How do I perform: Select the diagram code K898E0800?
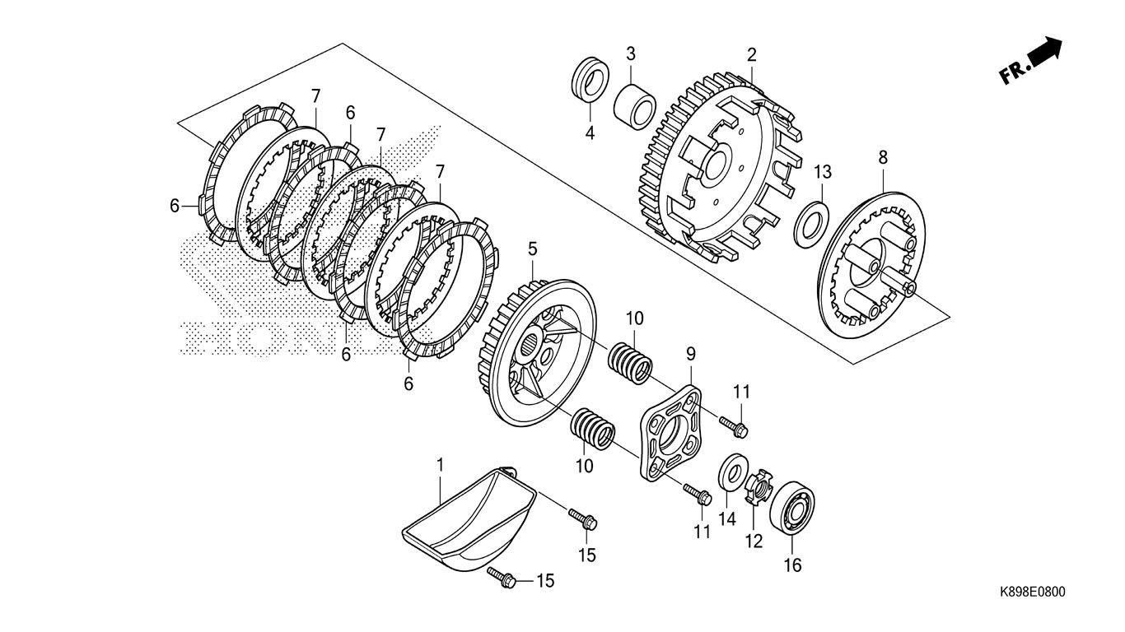click(1032, 592)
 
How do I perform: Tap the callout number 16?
click(791, 565)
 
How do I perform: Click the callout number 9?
click(691, 354)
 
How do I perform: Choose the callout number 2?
click(751, 55)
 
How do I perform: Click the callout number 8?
click(883, 156)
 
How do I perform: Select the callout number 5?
click(532, 247)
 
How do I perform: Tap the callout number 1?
click(440, 465)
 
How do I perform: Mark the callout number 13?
click(823, 172)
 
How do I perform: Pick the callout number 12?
click(754, 541)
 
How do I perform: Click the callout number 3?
click(630, 54)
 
